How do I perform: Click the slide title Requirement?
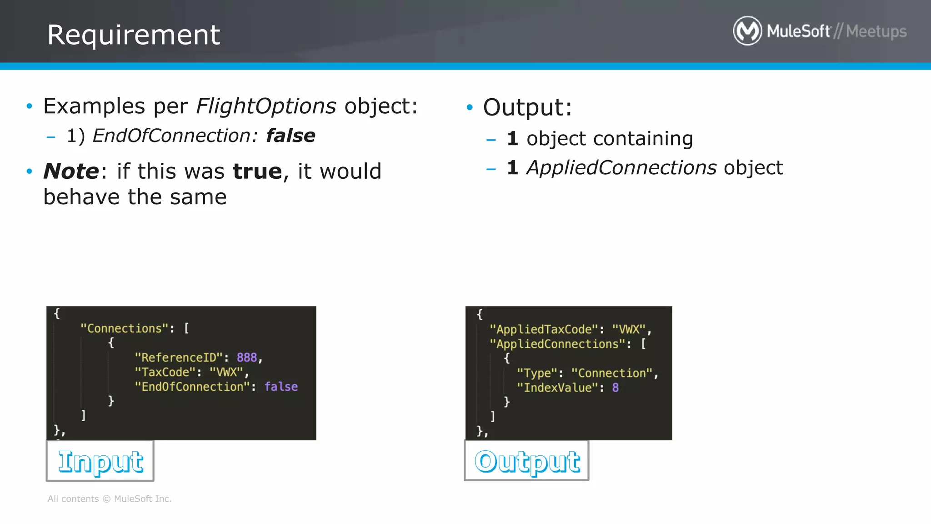(x=134, y=35)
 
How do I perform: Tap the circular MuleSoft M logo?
(x=747, y=31)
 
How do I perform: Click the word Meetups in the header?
(x=876, y=31)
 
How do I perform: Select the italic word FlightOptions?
(x=266, y=106)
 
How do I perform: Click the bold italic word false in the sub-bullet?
(x=290, y=136)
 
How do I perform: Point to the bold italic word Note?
(x=71, y=171)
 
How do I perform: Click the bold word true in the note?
(x=257, y=171)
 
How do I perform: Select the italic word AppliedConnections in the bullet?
(x=621, y=168)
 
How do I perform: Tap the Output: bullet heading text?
(x=527, y=107)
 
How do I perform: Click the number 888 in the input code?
(x=247, y=358)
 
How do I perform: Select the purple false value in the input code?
(x=281, y=387)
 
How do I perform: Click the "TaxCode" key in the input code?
(x=165, y=372)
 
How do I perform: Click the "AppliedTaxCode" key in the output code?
(x=544, y=329)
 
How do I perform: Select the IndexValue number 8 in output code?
(x=615, y=388)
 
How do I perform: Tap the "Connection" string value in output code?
(x=612, y=373)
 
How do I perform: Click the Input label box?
(x=100, y=461)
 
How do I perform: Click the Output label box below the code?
(x=526, y=461)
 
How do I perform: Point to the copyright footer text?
(x=110, y=499)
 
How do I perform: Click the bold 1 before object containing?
(x=512, y=139)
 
